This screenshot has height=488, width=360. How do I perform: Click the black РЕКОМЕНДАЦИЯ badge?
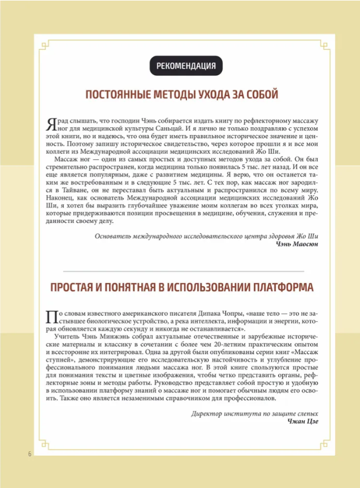click(x=186, y=66)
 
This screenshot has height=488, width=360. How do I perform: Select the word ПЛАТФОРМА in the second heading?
click(x=275, y=287)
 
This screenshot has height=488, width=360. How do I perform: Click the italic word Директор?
click(x=210, y=412)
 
